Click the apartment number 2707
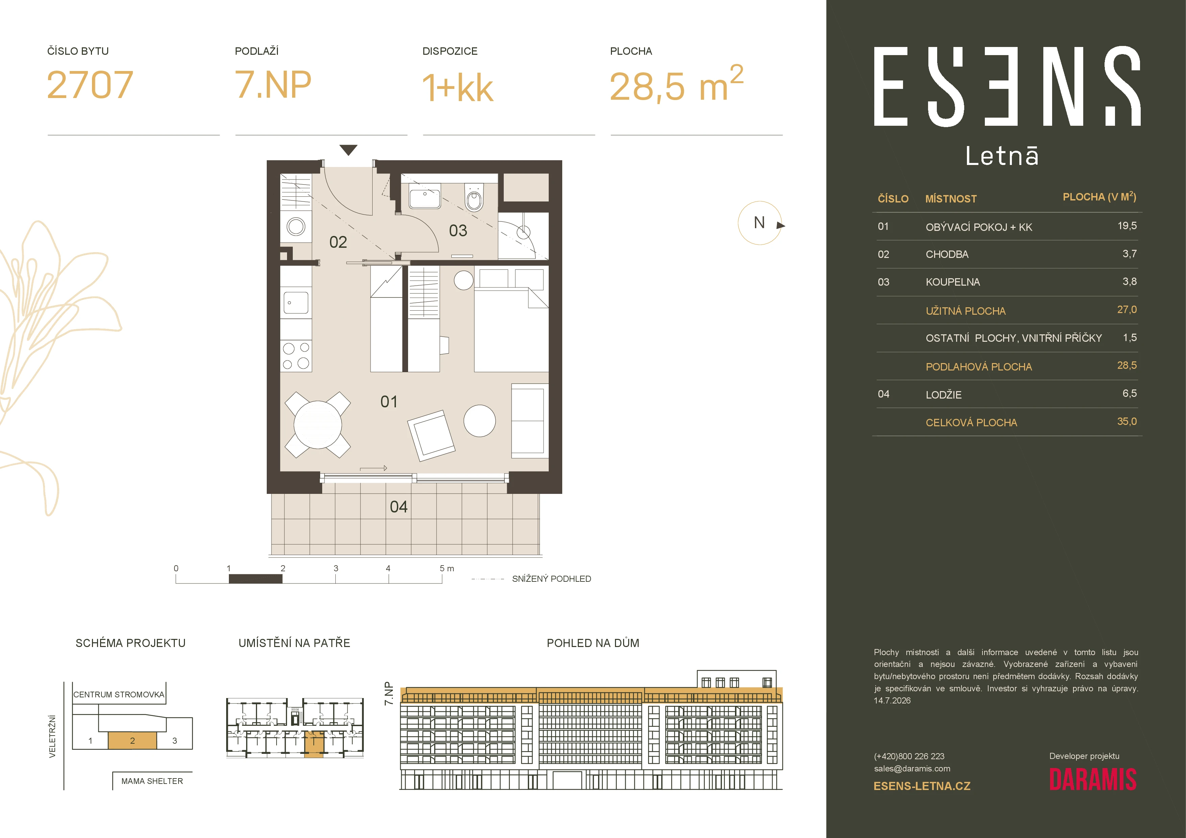tap(90, 85)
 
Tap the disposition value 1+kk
tap(458, 88)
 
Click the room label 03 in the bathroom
tap(458, 230)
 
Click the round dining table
tap(318, 425)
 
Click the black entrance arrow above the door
tap(349, 150)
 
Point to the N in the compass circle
tap(759, 222)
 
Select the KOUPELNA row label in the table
tap(952, 282)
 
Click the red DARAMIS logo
tap(1092, 780)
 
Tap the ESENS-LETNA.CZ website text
tap(922, 786)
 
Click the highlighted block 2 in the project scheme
tap(132, 740)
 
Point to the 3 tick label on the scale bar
tap(336, 568)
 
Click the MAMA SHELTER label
tap(152, 781)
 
